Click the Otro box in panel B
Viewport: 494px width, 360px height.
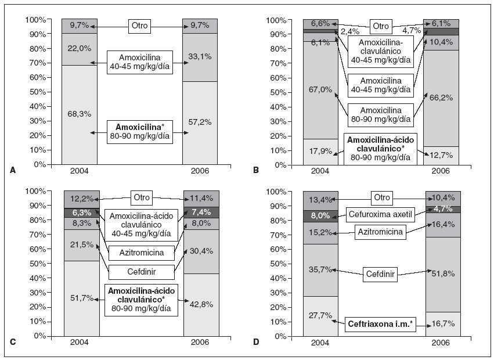click(380, 26)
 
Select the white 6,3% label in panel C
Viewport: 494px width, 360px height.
click(81, 212)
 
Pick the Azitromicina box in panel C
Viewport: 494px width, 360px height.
click(140, 253)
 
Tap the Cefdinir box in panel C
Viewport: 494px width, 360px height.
click(140, 272)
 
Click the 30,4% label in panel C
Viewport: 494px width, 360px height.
click(200, 251)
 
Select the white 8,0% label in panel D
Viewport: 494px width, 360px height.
click(321, 215)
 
